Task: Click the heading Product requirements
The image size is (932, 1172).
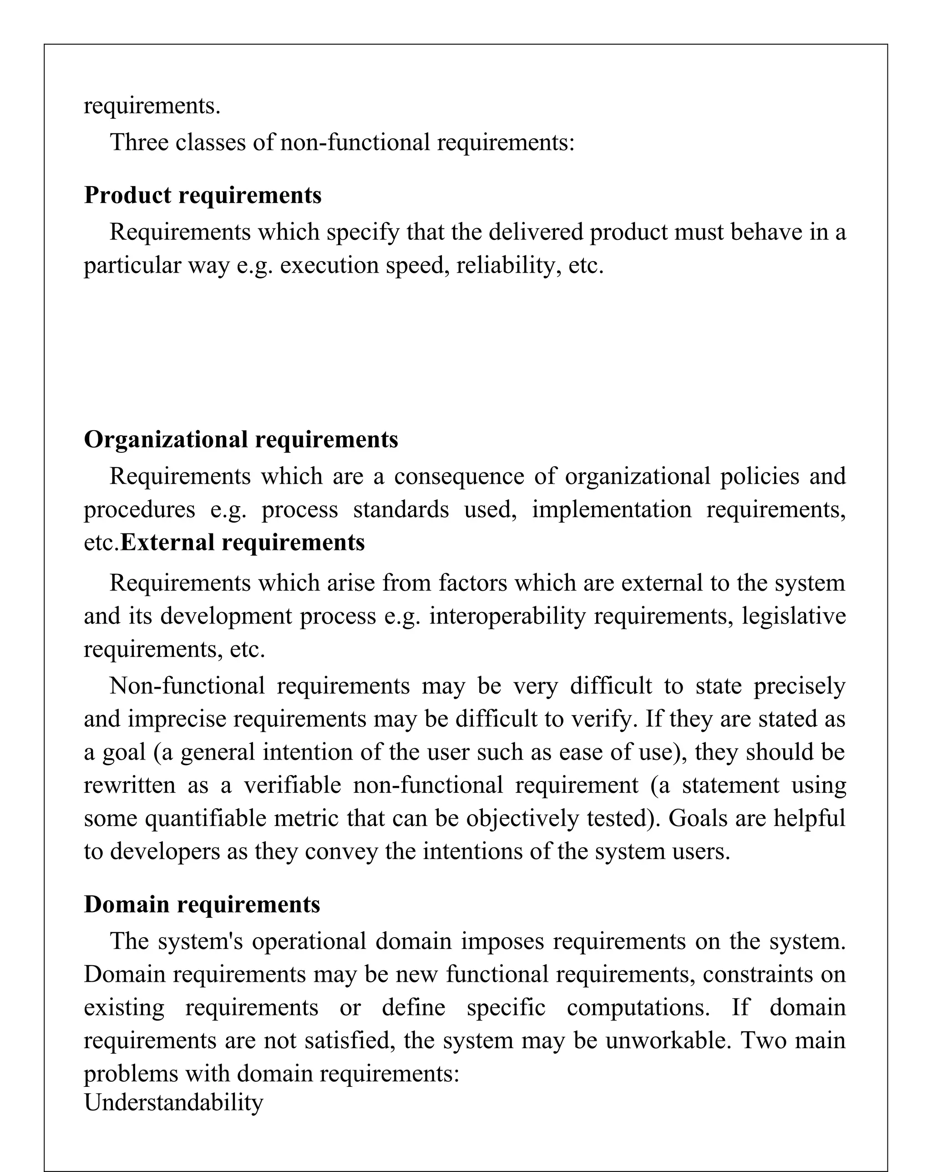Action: [202, 195]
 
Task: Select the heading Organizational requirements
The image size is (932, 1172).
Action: [241, 439]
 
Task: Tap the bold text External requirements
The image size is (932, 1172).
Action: [243, 543]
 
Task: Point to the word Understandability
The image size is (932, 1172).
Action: [173, 1102]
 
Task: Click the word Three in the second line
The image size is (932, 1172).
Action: [139, 142]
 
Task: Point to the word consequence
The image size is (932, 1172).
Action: [459, 477]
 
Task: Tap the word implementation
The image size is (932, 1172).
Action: [611, 510]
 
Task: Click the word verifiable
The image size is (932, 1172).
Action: [292, 786]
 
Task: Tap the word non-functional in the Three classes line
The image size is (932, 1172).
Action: [355, 142]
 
